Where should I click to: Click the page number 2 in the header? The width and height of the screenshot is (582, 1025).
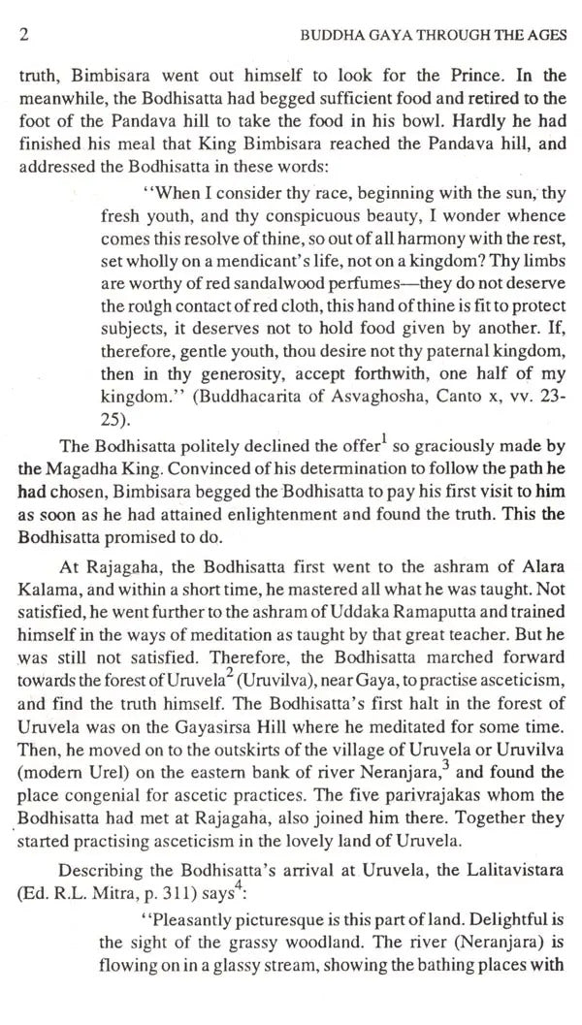pyautogui.click(x=24, y=37)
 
